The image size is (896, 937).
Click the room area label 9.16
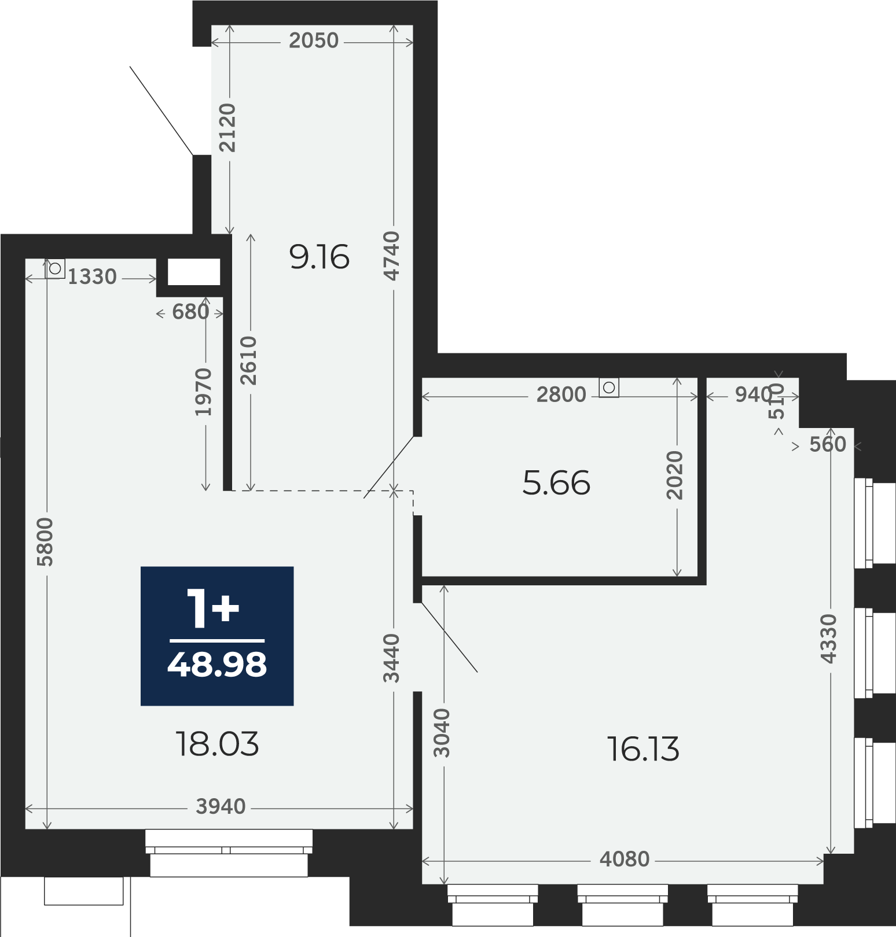point(320,257)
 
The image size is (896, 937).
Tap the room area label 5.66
point(556,483)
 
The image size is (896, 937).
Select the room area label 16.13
point(643,749)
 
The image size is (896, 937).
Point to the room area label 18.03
point(217,744)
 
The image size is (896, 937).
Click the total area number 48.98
point(217,665)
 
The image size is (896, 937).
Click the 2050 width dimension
point(314,40)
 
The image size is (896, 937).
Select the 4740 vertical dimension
point(392,256)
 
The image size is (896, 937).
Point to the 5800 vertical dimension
point(45,542)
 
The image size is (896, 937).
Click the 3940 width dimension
point(221,806)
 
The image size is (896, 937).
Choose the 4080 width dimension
point(625,859)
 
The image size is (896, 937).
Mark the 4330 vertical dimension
point(829,639)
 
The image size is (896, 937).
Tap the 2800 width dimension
point(561,394)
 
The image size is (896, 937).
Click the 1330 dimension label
point(93,277)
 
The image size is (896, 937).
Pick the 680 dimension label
point(190,312)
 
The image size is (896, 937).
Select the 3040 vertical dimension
point(442,733)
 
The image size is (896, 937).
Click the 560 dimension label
point(828,444)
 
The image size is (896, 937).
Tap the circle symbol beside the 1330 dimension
point(55,268)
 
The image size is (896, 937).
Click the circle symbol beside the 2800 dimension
point(609,388)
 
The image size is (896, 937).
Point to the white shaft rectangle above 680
point(194,272)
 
